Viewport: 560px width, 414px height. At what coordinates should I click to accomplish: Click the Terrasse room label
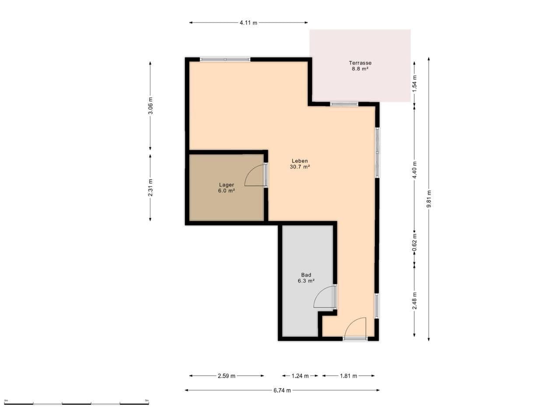[360, 66]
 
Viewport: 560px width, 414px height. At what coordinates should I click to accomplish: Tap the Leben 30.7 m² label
[300, 164]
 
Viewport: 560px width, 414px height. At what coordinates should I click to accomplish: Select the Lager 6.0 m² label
[227, 188]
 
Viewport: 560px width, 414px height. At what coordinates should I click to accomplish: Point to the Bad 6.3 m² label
[306, 278]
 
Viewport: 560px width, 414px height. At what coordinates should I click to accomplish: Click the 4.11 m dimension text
[248, 23]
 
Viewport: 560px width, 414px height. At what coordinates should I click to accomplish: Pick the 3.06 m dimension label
[150, 106]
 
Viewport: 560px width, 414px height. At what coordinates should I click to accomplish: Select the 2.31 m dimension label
[150, 188]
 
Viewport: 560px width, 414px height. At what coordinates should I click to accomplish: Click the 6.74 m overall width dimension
[282, 390]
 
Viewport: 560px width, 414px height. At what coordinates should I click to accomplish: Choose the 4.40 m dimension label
[415, 170]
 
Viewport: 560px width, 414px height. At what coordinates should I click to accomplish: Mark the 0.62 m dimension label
[415, 242]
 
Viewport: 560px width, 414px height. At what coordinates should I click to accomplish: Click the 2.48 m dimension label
[415, 301]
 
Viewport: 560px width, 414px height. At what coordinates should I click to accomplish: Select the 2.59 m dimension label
[227, 376]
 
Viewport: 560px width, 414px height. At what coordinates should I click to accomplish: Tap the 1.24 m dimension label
[300, 376]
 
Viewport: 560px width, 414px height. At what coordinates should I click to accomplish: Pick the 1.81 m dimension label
[348, 376]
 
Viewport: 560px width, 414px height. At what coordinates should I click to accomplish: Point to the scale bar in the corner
[77, 403]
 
